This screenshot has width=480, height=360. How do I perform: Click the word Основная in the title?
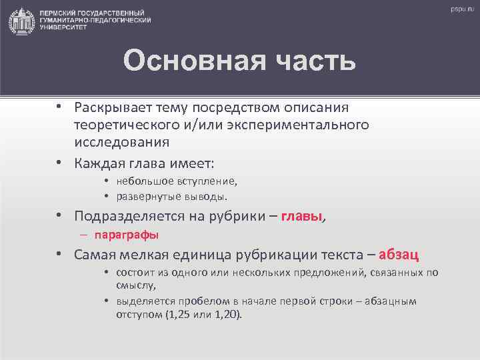tap(189, 61)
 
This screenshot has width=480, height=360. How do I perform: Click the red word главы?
tap(302, 216)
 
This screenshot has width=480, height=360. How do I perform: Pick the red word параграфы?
tap(127, 235)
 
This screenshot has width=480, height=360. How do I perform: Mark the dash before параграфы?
tap(86, 235)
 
